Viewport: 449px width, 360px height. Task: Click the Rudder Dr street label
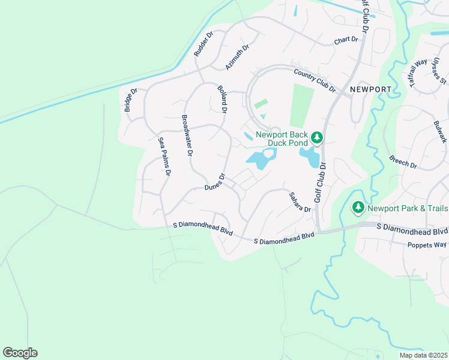[x=203, y=45]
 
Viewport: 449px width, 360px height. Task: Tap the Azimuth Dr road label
[x=237, y=56]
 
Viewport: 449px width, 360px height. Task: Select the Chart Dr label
[x=346, y=40]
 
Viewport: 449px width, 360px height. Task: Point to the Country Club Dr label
[x=315, y=80]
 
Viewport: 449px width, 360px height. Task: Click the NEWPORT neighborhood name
[x=370, y=89]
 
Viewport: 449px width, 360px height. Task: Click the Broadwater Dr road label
[x=187, y=136]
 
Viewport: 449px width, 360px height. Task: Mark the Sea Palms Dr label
[x=164, y=156]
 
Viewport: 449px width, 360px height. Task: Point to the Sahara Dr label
[x=300, y=202]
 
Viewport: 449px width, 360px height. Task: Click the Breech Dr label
[x=403, y=160]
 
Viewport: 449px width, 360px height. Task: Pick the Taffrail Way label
[x=418, y=73]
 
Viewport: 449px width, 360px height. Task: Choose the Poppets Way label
[x=427, y=245]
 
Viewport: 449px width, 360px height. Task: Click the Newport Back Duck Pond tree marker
[x=317, y=138]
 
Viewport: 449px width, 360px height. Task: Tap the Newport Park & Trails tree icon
[x=358, y=208]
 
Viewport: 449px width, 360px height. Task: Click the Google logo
[x=20, y=353]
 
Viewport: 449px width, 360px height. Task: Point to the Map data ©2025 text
[x=423, y=355]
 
